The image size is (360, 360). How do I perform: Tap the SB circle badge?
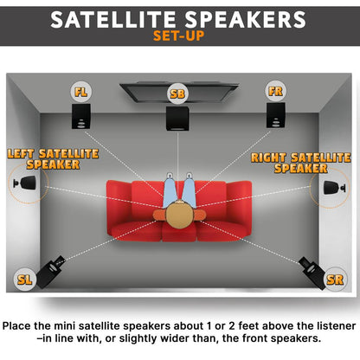click(177, 93)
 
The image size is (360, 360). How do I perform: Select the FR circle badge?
click(275, 91)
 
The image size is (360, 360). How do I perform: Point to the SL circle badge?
click(25, 279)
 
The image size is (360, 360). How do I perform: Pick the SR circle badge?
click(335, 280)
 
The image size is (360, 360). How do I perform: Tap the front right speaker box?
click(275, 115)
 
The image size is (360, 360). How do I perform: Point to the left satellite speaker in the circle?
click(28, 184)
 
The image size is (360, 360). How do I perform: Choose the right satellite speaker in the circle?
click(331, 188)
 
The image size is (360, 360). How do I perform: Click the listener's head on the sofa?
click(179, 215)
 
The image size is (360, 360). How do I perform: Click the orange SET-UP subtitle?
click(179, 36)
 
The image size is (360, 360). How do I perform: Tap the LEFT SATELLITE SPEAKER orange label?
click(53, 158)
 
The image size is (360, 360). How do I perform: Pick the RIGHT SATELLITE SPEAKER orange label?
click(300, 162)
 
